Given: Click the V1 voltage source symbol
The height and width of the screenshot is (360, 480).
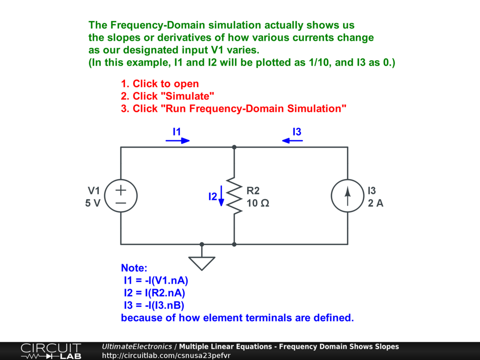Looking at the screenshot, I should (120, 196).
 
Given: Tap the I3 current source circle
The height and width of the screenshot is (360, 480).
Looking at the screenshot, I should (347, 196).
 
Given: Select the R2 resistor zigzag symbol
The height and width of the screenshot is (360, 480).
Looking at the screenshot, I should (234, 196).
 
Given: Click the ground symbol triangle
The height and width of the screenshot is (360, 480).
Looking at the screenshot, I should (202, 262).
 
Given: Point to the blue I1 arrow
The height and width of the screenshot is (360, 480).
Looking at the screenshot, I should (178, 140).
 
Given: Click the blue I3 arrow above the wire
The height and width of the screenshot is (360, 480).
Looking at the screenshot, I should (292, 140).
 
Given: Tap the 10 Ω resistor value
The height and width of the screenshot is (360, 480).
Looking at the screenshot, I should (258, 203).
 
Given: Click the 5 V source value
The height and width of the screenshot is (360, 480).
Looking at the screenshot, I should (93, 203).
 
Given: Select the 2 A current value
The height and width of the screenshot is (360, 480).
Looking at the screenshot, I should (375, 203).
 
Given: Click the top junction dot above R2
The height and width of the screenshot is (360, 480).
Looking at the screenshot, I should (234, 147).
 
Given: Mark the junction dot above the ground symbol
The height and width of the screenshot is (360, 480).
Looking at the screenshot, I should (202, 244).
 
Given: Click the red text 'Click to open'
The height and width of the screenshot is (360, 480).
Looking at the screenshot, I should (160, 84).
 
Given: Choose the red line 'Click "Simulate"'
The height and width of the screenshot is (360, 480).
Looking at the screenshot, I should (167, 96).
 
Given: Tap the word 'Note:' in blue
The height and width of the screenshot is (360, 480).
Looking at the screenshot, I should (134, 268).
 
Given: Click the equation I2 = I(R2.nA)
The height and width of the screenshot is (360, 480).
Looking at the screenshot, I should (154, 293).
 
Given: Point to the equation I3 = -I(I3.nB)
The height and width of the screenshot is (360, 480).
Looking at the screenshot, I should (154, 306).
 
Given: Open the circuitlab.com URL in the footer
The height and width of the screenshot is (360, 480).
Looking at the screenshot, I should (166, 355).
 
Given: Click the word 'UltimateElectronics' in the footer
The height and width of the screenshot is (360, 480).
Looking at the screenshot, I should (137, 347).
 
